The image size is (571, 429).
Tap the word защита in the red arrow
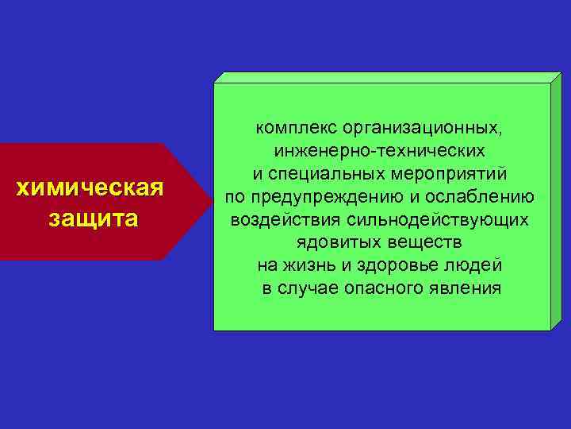(x=93, y=217)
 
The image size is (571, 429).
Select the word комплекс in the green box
(x=289, y=127)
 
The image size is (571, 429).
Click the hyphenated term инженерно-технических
(x=379, y=150)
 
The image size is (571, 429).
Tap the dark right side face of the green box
(x=554, y=203)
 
